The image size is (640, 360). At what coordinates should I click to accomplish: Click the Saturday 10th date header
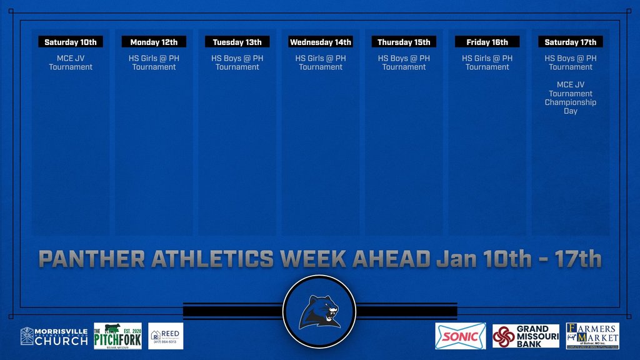click(71, 42)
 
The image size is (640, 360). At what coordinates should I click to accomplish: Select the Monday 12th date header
click(154, 42)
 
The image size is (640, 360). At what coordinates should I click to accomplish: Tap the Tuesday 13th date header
click(237, 42)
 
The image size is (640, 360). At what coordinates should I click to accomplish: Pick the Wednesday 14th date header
click(321, 42)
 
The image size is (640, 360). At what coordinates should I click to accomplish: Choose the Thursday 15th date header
click(404, 42)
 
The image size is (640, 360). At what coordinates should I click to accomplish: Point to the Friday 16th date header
click(487, 42)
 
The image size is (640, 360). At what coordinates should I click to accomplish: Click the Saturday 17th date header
click(571, 42)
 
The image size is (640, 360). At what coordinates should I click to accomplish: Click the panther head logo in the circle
click(319, 311)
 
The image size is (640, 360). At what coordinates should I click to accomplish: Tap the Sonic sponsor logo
click(460, 336)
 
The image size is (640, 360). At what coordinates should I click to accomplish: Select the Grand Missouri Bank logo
click(525, 336)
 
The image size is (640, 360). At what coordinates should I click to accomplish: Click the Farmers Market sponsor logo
click(592, 336)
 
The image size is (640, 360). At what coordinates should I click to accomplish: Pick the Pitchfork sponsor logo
click(117, 336)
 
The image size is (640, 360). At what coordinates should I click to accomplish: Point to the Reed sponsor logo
click(166, 336)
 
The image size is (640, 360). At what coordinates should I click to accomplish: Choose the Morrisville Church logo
click(54, 336)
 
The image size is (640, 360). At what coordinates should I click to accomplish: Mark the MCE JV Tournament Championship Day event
click(571, 97)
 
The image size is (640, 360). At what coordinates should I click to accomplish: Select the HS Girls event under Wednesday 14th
click(321, 62)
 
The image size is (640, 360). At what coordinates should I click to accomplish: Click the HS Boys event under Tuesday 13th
click(237, 62)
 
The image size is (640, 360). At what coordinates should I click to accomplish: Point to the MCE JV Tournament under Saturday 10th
click(71, 62)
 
